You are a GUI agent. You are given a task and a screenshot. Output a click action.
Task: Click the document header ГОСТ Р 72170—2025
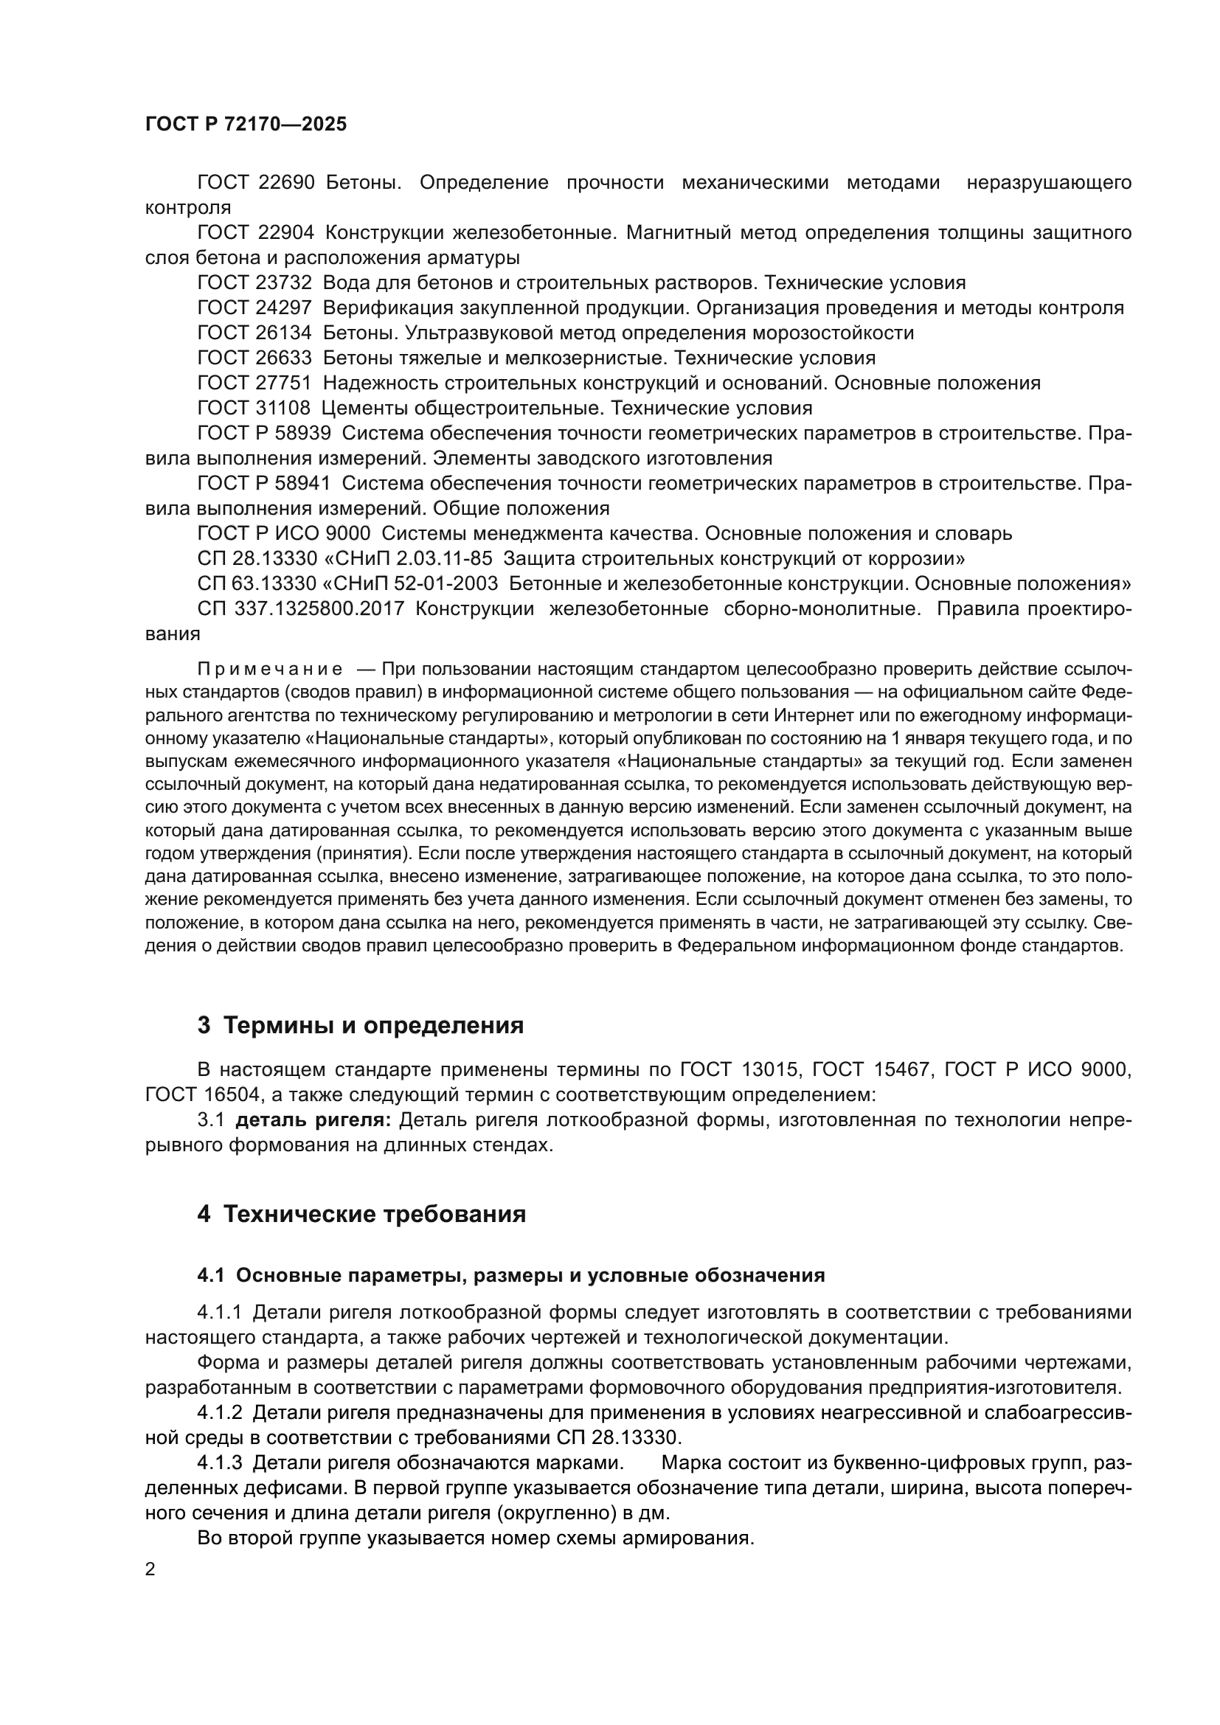pos(246,125)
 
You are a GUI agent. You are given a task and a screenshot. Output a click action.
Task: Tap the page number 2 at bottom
pos(150,1569)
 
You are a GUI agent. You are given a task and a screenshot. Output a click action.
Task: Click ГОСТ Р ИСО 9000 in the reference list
pos(284,533)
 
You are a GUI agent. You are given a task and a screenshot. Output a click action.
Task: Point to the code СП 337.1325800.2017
pos(300,608)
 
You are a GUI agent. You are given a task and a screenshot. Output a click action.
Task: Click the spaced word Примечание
pos(270,670)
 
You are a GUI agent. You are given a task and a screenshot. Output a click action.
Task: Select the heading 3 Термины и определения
pos(361,1026)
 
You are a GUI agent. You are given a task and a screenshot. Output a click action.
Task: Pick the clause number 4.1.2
pos(219,1413)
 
